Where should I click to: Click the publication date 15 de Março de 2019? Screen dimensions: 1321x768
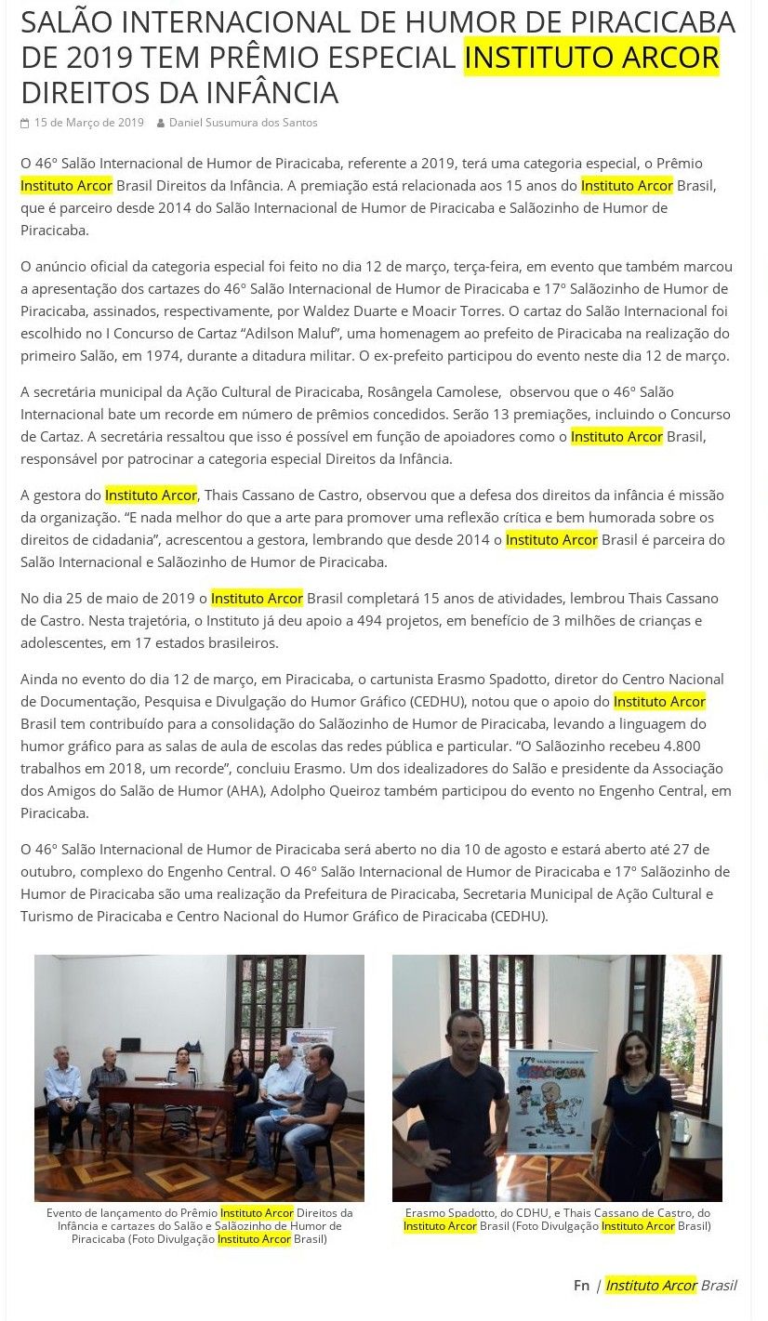point(88,123)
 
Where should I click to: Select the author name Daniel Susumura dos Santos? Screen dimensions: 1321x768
point(243,123)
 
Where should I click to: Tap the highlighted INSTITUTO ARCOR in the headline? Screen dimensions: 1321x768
point(591,58)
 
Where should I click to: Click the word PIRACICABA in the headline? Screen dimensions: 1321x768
point(641,21)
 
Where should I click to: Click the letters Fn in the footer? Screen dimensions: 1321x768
point(581,1285)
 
